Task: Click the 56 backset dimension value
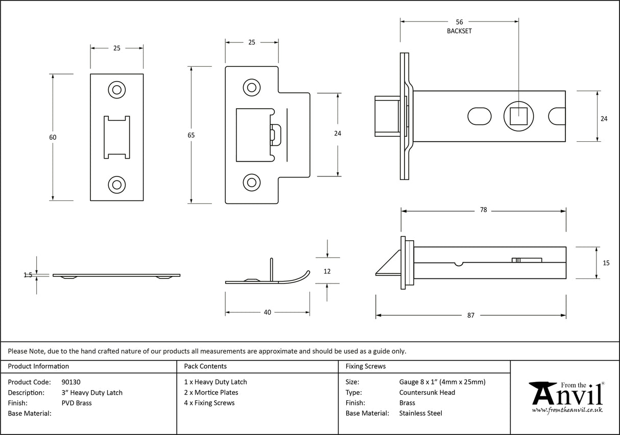(x=459, y=22)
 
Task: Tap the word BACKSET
(x=459, y=31)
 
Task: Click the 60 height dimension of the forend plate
(x=53, y=137)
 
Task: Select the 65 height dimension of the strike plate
(x=191, y=135)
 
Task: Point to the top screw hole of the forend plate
(x=117, y=90)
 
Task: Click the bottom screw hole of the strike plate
(x=251, y=182)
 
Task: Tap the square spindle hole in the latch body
(x=518, y=116)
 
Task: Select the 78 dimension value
(x=483, y=210)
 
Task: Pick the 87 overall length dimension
(x=470, y=315)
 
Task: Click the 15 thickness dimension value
(x=606, y=263)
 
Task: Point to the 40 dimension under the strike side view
(x=268, y=312)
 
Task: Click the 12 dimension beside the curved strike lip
(x=327, y=271)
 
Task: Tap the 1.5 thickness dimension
(x=28, y=275)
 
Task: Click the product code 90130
(x=71, y=382)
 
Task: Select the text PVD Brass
(x=77, y=403)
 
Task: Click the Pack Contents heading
(x=205, y=366)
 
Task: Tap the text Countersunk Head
(x=427, y=392)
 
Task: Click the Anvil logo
(x=567, y=395)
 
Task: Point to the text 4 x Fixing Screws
(x=209, y=403)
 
